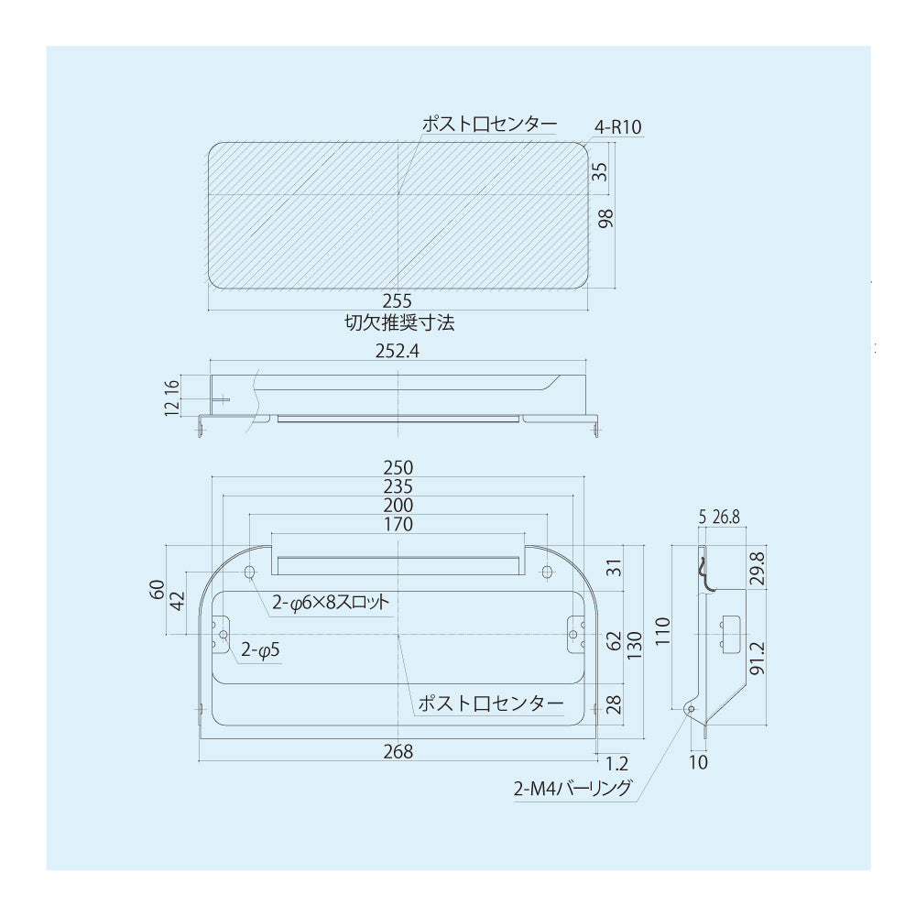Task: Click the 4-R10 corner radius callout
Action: click(x=617, y=126)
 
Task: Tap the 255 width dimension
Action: click(x=398, y=300)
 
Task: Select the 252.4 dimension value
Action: click(x=398, y=351)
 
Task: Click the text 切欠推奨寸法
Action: click(x=399, y=322)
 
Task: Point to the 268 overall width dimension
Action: click(x=398, y=751)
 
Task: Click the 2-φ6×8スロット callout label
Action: click(x=331, y=603)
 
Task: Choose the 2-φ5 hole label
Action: click(x=260, y=649)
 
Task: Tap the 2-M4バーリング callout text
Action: click(x=572, y=788)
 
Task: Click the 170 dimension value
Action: click(x=398, y=524)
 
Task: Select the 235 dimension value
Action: click(x=398, y=486)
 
